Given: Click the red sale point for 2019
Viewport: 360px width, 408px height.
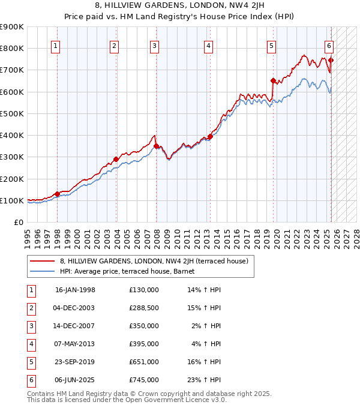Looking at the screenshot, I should click(273, 80).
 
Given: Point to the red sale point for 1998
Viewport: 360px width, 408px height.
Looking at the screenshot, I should click(57, 194).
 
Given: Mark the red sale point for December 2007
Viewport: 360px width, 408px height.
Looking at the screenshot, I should click(155, 146).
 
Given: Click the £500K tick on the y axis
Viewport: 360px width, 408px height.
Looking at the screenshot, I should click(12, 113).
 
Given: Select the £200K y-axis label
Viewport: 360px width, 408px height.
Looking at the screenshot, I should click(12, 179).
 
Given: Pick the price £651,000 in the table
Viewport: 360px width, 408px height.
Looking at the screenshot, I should click(143, 362).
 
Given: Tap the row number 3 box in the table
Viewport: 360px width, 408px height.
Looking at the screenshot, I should click(31, 326).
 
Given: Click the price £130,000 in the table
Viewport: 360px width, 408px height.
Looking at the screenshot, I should click(143, 290).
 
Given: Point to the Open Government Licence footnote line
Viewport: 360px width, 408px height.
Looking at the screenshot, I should click(127, 400).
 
